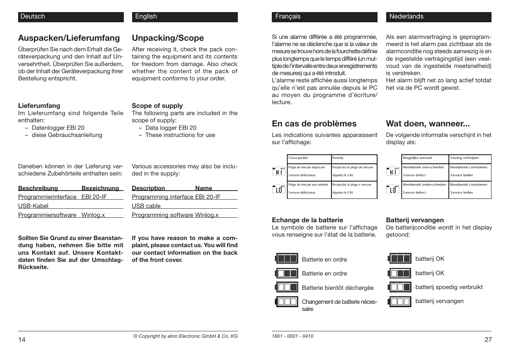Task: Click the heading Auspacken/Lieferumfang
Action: click(x=69, y=38)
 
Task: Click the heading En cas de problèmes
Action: click(x=314, y=124)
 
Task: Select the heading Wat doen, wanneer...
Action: click(x=428, y=124)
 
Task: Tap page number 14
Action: click(x=22, y=340)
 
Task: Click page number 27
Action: click(x=488, y=340)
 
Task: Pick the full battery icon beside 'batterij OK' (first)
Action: click(x=400, y=258)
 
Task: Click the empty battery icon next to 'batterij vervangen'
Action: click(x=400, y=302)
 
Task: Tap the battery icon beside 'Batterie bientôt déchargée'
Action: click(x=287, y=287)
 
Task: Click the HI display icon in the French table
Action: click(x=279, y=171)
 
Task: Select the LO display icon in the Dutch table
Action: click(x=393, y=189)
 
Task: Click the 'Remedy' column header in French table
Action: click(x=338, y=158)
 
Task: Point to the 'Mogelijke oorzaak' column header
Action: click(x=418, y=158)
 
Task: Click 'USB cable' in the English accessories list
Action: click(x=146, y=206)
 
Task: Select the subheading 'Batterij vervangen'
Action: click(x=414, y=220)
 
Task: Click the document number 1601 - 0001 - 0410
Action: click(x=292, y=336)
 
